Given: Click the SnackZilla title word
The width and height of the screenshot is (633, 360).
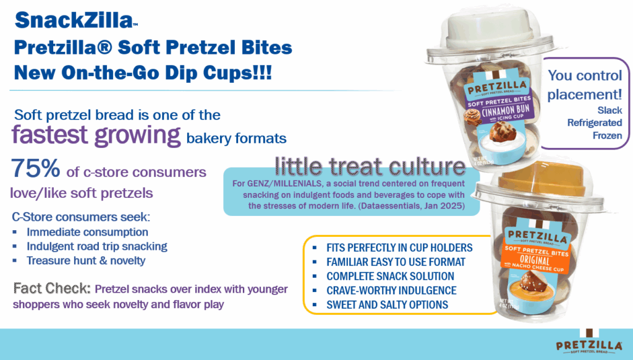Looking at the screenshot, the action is click(x=74, y=20).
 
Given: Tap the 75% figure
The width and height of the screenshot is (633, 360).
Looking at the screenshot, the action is click(x=35, y=168).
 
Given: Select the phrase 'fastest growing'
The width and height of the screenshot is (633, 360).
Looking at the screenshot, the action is click(x=96, y=135).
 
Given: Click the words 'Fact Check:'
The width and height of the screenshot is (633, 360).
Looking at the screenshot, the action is click(x=52, y=288).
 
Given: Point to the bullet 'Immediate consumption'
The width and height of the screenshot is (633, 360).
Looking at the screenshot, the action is click(x=87, y=232).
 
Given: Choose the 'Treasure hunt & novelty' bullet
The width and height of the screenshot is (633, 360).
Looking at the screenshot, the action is click(x=86, y=260).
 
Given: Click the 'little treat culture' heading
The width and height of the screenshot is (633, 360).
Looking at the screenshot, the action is click(x=370, y=166).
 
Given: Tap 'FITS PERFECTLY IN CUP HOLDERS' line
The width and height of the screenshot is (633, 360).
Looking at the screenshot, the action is click(x=399, y=247).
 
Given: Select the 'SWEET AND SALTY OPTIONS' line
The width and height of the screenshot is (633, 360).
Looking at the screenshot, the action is click(x=387, y=305).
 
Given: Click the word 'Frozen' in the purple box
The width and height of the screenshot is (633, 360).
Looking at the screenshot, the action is click(x=607, y=135).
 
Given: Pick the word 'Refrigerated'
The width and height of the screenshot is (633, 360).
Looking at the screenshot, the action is click(x=595, y=123).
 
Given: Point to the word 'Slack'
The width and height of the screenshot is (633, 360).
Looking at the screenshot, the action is click(x=610, y=110).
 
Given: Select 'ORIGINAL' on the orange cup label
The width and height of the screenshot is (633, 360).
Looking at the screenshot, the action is click(x=535, y=260).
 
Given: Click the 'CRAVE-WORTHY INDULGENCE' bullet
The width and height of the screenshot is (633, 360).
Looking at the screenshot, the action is click(x=391, y=291).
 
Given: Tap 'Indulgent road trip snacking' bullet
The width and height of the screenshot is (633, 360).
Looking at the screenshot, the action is click(x=97, y=246).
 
